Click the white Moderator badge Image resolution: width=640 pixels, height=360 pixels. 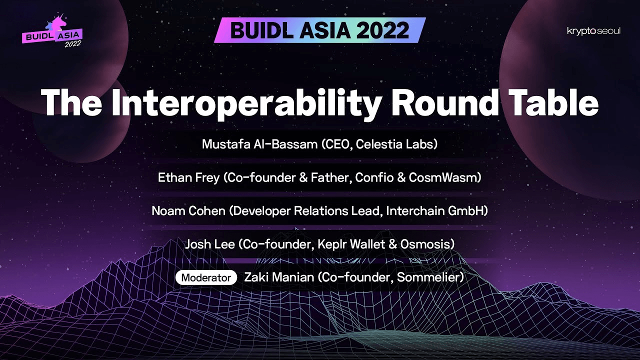pyautogui.click(x=206, y=277)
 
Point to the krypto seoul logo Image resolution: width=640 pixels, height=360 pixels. pyautogui.click(x=593, y=31)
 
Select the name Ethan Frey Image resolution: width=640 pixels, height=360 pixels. pyautogui.click(x=188, y=177)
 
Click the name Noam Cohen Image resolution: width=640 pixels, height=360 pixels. pyautogui.click(x=188, y=211)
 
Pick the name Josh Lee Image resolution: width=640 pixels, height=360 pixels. pyautogui.click(x=209, y=244)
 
